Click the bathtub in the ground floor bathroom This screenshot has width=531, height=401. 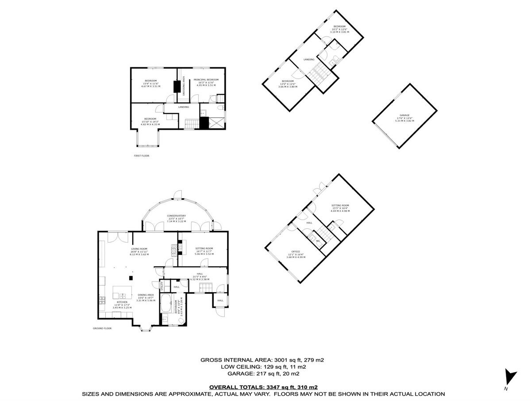166,304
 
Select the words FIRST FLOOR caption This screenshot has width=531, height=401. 142,156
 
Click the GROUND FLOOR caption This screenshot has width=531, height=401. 102,328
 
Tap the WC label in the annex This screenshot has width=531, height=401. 317,241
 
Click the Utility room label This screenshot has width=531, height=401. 162,285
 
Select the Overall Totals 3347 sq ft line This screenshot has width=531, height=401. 263,387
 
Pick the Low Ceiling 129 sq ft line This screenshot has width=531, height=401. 263,367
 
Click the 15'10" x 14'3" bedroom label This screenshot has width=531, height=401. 150,121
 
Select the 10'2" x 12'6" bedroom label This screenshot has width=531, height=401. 339,29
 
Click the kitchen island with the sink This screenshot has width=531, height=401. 123,293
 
